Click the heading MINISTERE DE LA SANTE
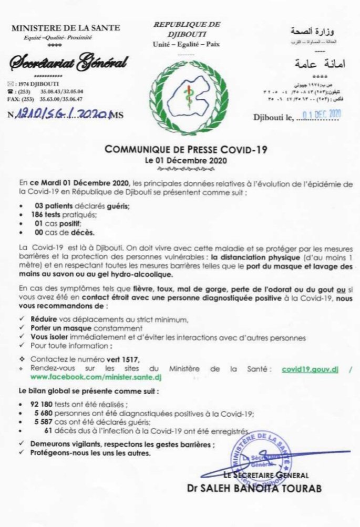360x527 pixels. point(66,27)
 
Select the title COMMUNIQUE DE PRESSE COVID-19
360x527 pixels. point(186,149)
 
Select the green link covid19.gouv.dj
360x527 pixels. point(310,369)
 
